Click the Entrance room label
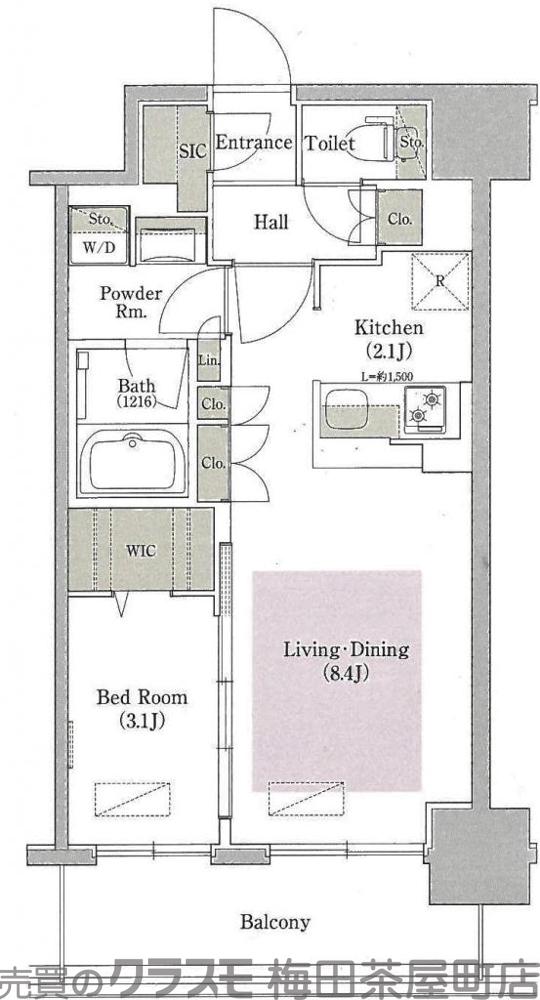coord(253,143)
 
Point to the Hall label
coord(270,222)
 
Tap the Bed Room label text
coord(141,708)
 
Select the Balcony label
coord(275,922)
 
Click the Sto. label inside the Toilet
coord(411,143)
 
